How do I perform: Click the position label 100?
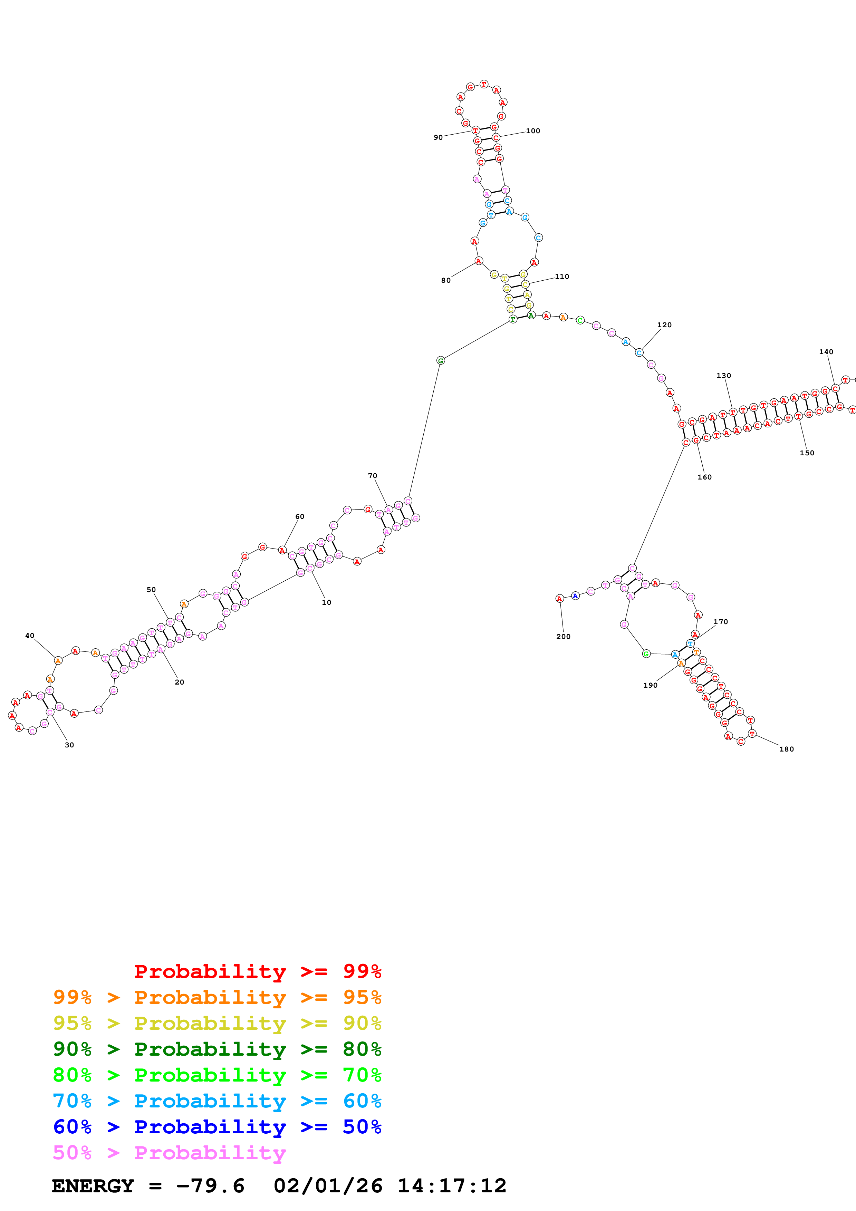[533, 131]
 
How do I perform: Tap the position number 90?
[438, 138]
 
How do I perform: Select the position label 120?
[664, 325]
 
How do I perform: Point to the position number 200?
[563, 637]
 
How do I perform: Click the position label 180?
[786, 749]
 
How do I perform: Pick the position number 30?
[69, 745]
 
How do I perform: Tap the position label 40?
[30, 636]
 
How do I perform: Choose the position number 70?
[372, 476]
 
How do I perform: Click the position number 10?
[326, 602]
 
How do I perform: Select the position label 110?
[562, 277]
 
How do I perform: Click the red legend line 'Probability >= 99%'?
[257, 971]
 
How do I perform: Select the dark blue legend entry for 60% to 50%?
[217, 1127]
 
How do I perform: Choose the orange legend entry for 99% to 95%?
[217, 997]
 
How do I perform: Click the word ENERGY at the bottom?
[93, 1186]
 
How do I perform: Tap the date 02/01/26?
[328, 1186]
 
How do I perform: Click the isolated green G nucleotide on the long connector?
[440, 360]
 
